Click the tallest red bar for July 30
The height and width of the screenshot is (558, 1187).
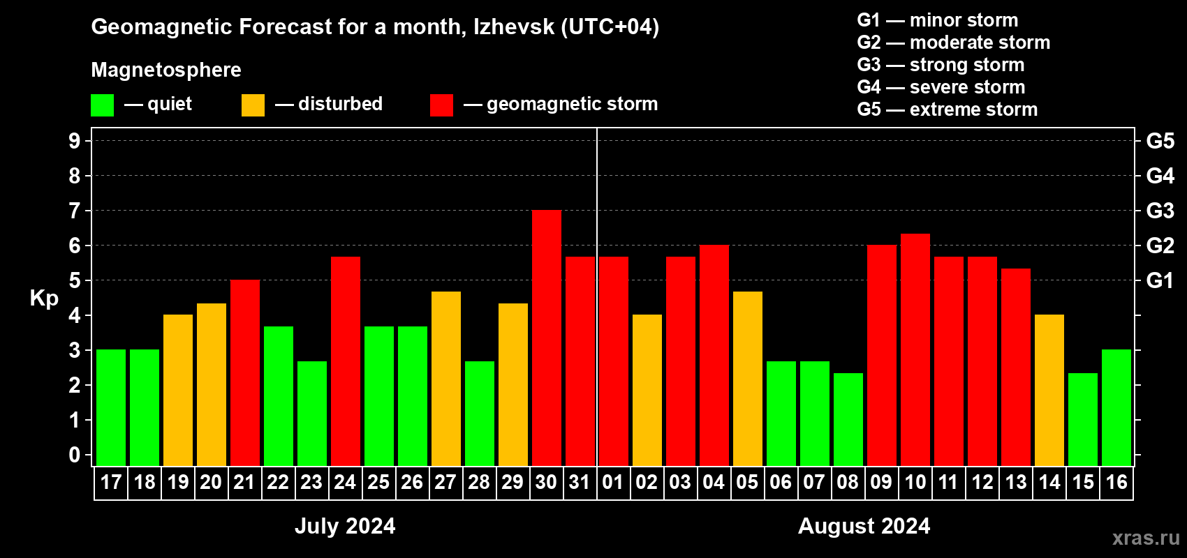[547, 338]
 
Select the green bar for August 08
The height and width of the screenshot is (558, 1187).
[848, 419]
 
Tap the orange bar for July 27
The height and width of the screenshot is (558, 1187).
[446, 379]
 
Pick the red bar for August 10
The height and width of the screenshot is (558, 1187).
[915, 349]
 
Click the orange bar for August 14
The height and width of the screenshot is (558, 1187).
[1049, 390]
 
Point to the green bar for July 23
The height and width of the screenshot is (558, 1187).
[312, 414]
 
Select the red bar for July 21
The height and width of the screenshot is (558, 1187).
[245, 373]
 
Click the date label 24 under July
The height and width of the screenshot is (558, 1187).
[345, 483]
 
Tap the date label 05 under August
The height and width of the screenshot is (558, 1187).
[747, 483]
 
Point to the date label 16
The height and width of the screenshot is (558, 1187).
[1116, 483]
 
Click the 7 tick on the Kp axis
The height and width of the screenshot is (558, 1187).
[75, 211]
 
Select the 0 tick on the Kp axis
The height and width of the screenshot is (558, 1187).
[75, 455]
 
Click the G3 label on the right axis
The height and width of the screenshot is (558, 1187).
[1160, 211]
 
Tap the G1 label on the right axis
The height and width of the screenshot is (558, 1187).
[1160, 280]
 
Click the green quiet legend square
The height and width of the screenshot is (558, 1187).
[103, 105]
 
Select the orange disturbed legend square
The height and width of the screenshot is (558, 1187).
[253, 105]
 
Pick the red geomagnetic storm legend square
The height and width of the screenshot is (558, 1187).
[441, 105]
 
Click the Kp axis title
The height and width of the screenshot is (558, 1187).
[44, 299]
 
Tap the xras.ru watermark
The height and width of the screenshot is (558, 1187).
[1146, 538]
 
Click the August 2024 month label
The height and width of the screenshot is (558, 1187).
[864, 526]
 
